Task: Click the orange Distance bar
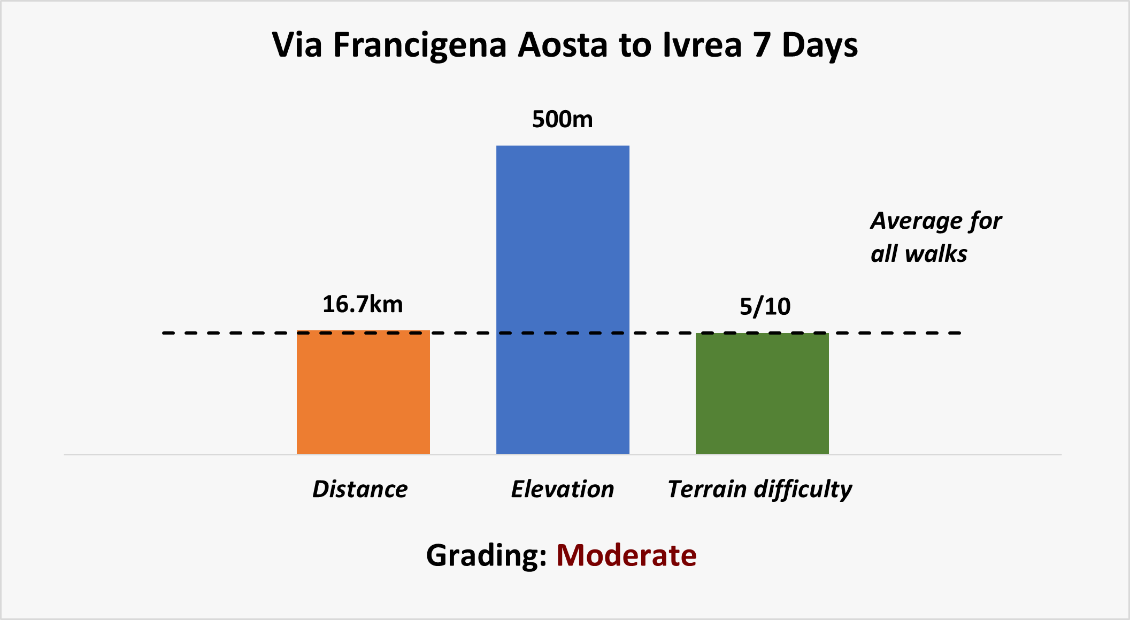click(363, 392)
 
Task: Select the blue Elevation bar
click(563, 299)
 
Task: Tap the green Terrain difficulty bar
click(762, 393)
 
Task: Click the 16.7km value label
click(363, 305)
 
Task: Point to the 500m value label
click(563, 120)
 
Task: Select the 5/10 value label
click(765, 307)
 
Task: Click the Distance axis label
click(360, 489)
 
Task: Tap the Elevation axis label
click(563, 489)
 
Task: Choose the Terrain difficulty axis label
click(759, 489)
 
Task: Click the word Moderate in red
click(626, 555)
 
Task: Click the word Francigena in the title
click(420, 45)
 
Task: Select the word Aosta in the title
click(563, 45)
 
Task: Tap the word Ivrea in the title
click(702, 45)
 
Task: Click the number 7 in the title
click(762, 45)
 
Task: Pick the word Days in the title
click(820, 46)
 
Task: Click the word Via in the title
click(297, 45)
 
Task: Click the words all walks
click(919, 254)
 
